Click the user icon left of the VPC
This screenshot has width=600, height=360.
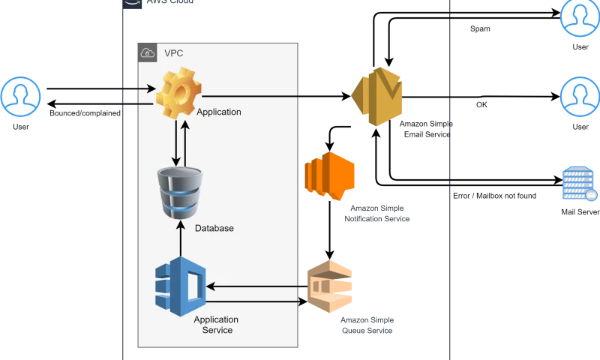(20, 96)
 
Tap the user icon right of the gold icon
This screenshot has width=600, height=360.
(579, 96)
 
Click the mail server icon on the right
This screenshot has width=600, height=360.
(579, 184)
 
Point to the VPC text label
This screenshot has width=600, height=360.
(173, 53)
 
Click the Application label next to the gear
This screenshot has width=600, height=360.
(218, 112)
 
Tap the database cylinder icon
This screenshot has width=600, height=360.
(180, 193)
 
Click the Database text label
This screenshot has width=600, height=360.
(214, 228)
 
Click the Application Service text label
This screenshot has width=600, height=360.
(216, 325)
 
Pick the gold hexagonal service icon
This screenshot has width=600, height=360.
(378, 95)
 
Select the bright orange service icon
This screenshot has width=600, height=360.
(330, 177)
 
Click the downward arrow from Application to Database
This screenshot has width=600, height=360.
(175, 142)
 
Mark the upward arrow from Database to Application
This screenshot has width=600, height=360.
(185, 142)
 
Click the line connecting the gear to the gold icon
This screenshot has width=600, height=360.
(251, 97)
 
